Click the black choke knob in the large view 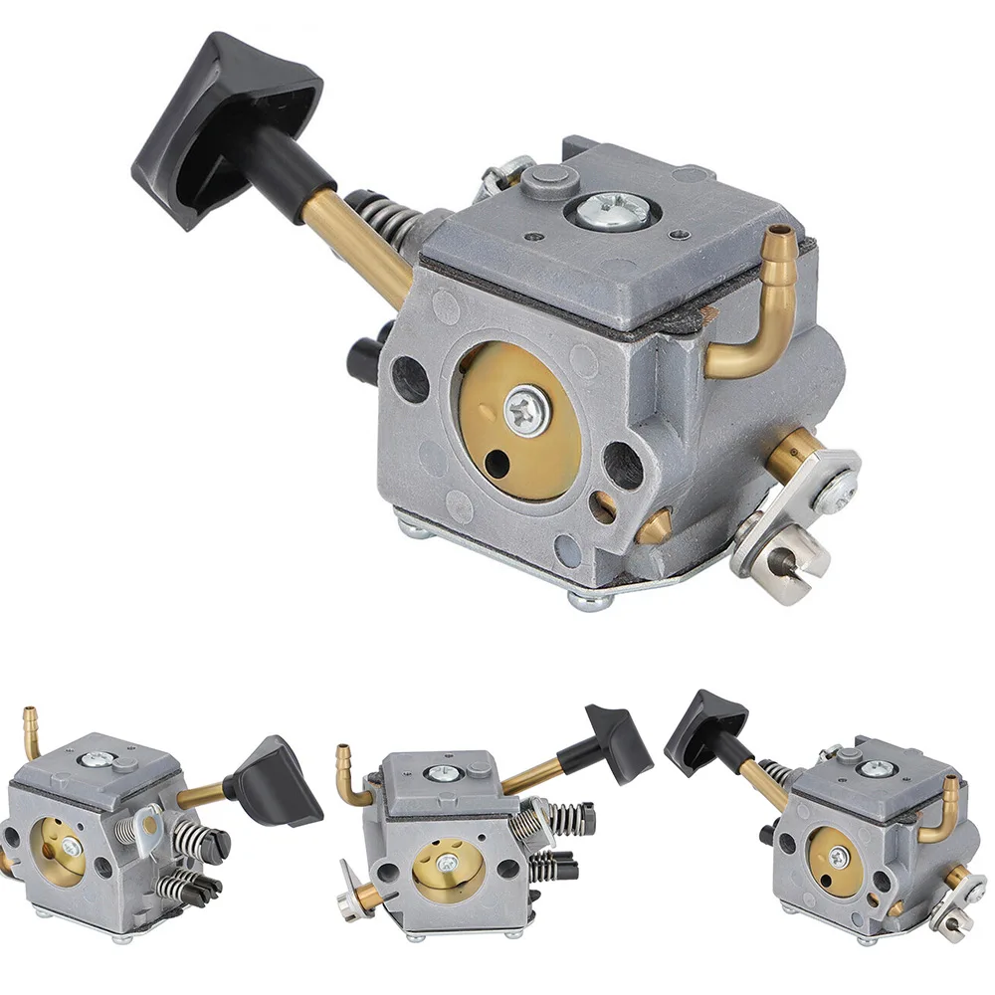(224, 124)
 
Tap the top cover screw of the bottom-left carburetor (97, 759)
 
